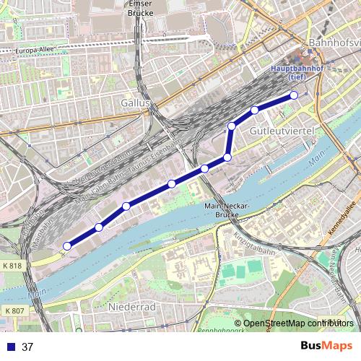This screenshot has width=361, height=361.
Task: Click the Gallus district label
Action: coord(135,103)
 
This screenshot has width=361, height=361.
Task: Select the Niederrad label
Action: coord(131,307)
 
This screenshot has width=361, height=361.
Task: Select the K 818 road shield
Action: coord(13,265)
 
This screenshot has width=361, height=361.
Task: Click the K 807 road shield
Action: coord(13,310)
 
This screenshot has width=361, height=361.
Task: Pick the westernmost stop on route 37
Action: coord(66,246)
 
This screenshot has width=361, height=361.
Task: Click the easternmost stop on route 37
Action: coord(294,95)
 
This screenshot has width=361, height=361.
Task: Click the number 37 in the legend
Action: coord(28,347)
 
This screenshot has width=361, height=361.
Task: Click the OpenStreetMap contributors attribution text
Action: coord(297,323)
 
